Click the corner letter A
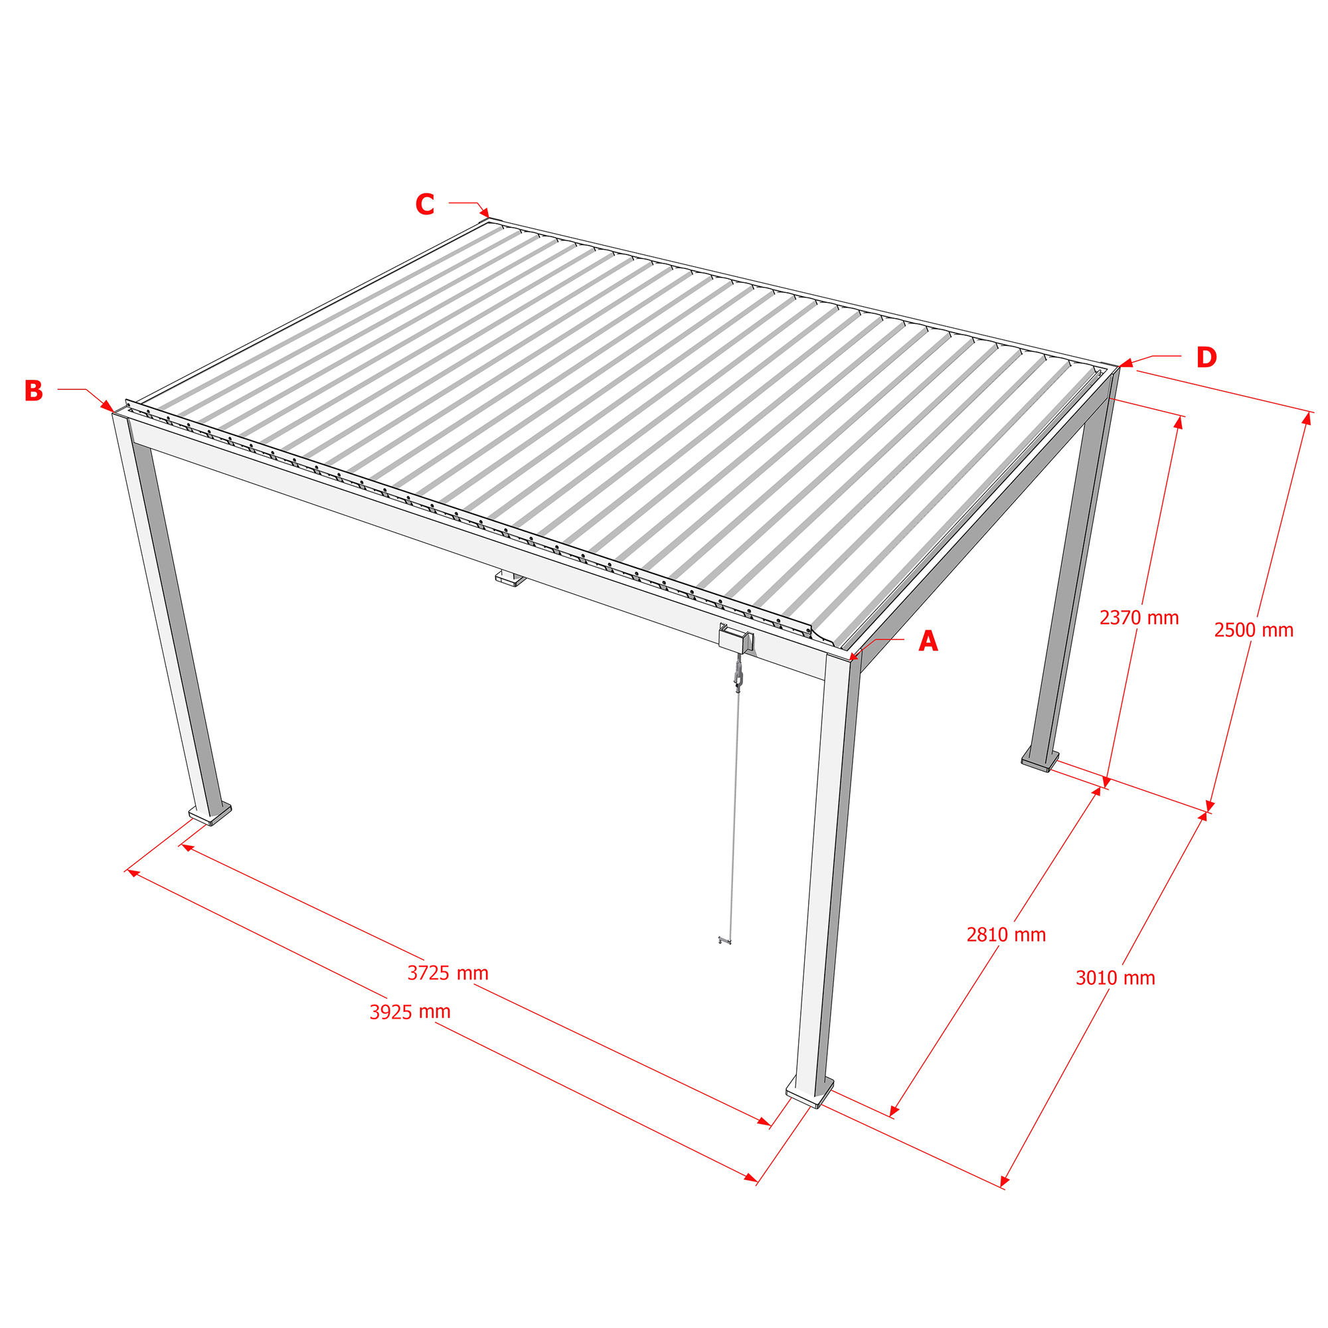(x=928, y=641)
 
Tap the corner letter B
(x=34, y=390)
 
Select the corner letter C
(x=425, y=204)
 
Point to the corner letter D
(x=1206, y=357)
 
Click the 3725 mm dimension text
(x=448, y=973)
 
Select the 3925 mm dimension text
(x=410, y=1012)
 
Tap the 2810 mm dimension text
(x=1007, y=935)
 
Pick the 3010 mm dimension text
(x=1116, y=978)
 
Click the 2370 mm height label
(x=1139, y=618)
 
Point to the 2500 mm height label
(x=1254, y=630)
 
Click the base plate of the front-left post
(x=210, y=815)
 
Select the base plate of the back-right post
(x=1039, y=762)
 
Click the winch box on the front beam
(x=736, y=639)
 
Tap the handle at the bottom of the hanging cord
(x=724, y=940)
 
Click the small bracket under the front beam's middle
(x=510, y=578)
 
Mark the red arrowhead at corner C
(x=485, y=212)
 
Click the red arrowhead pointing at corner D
(x=1125, y=363)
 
